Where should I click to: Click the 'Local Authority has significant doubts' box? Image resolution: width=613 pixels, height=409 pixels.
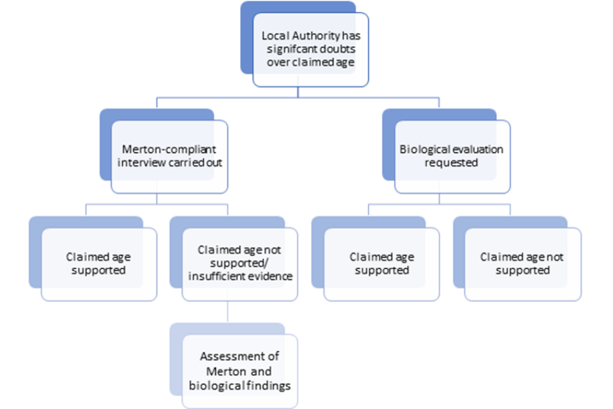[310, 50]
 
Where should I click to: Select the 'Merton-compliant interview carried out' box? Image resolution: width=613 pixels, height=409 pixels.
[169, 156]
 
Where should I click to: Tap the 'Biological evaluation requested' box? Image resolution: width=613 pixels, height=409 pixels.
[451, 156]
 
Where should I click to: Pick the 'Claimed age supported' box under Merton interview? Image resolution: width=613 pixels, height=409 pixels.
[99, 263]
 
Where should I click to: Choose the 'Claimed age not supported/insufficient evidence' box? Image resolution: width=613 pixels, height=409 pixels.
[239, 263]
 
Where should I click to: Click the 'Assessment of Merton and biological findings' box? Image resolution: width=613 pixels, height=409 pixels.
[239, 371]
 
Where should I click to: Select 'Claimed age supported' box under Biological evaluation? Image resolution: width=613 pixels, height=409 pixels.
[381, 263]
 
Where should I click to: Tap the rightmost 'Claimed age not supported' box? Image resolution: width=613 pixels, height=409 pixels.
[522, 263]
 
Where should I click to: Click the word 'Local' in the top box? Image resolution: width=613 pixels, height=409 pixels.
[275, 37]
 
